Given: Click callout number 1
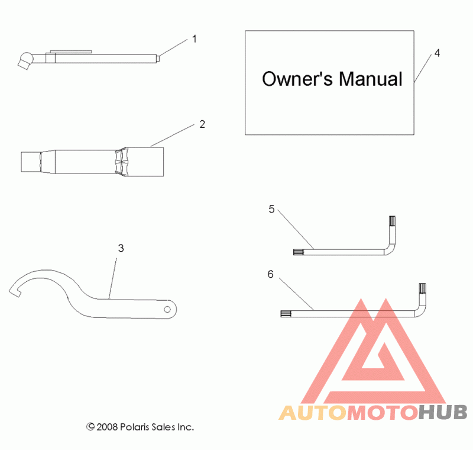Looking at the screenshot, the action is [x=195, y=39].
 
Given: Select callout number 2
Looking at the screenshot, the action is [x=202, y=124].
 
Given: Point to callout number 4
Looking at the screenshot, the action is [x=437, y=53].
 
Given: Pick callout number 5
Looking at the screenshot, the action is [x=271, y=209].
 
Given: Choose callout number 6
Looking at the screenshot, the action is [x=270, y=274].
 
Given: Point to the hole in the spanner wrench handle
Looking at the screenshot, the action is [x=168, y=310].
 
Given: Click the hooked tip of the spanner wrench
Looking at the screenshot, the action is [x=14, y=291].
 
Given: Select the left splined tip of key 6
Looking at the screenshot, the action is [x=286, y=313].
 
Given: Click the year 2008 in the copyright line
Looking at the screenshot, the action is [x=108, y=426].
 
